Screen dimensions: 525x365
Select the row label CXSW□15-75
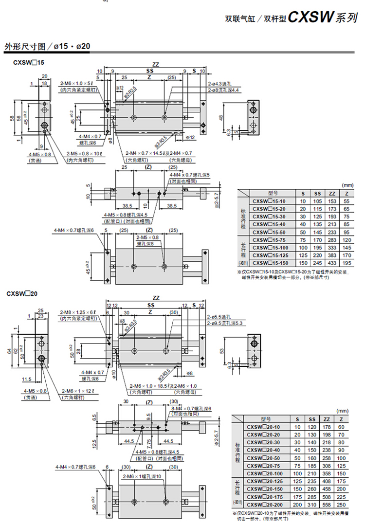269,240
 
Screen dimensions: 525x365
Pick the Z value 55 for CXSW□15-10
347,201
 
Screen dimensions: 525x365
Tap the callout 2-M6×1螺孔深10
145,476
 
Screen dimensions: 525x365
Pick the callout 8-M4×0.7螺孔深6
190,408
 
